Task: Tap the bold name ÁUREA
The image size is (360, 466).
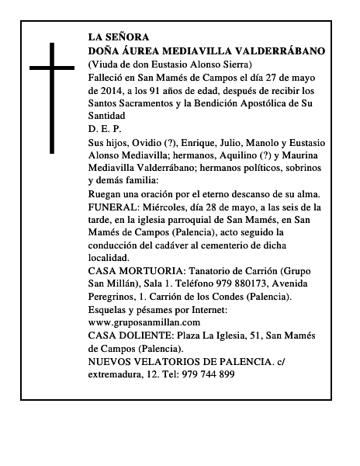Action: click(x=137, y=50)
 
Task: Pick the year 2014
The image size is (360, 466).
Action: click(x=109, y=90)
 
